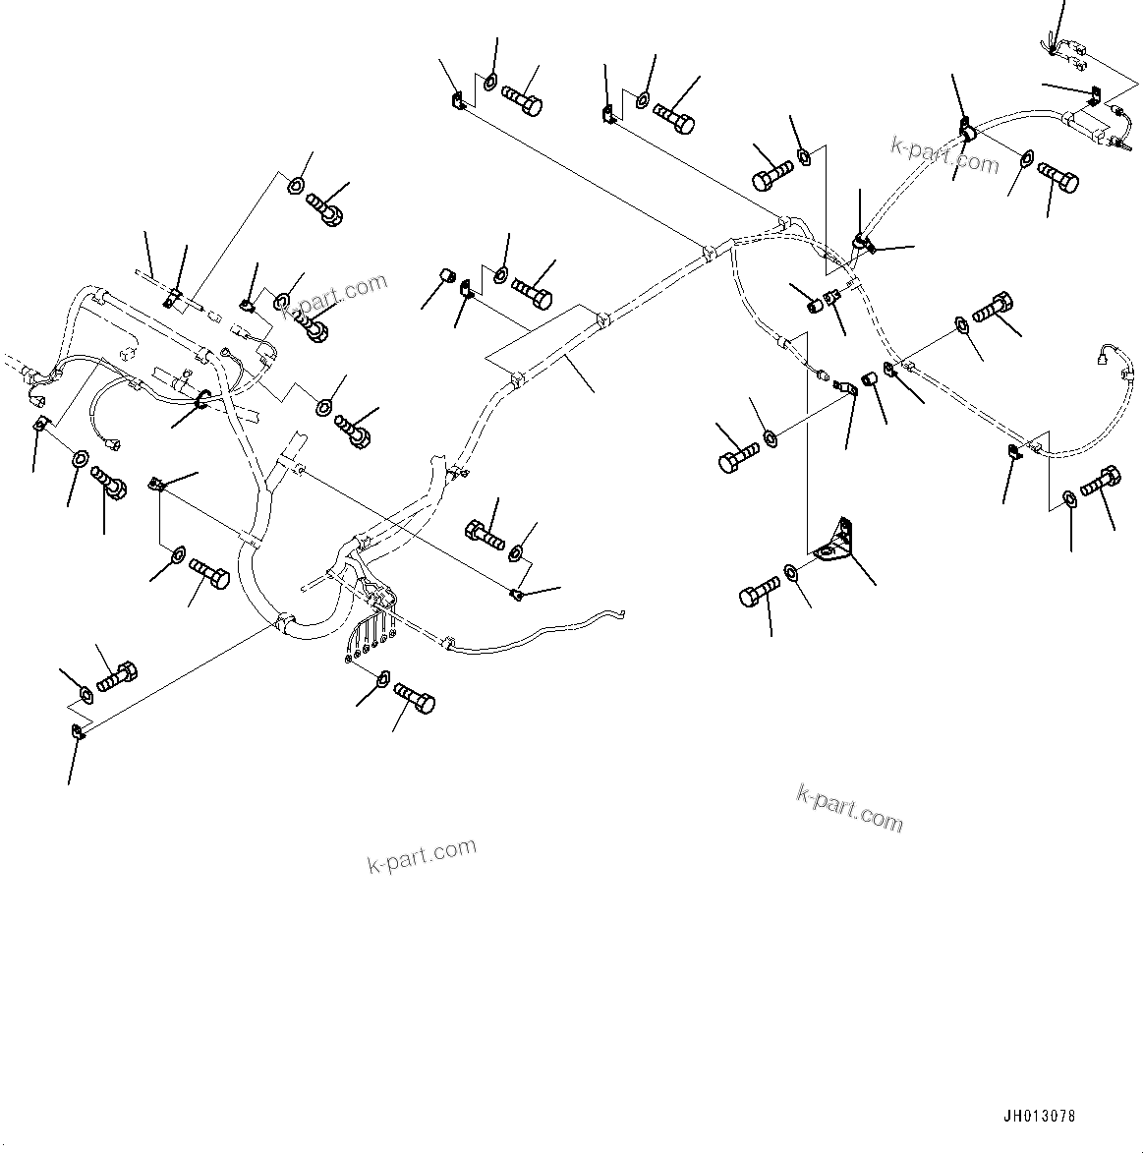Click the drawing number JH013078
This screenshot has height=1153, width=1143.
pyautogui.click(x=1039, y=1117)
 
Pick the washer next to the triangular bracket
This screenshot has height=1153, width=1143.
pyautogui.click(x=792, y=573)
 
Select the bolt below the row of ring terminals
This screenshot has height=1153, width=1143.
pyautogui.click(x=415, y=700)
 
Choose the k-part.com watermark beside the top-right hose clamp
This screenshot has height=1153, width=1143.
pyautogui.click(x=943, y=153)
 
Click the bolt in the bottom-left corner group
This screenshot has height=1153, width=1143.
pyautogui.click(x=116, y=676)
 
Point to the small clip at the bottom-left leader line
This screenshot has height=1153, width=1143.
pyautogui.click(x=79, y=729)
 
